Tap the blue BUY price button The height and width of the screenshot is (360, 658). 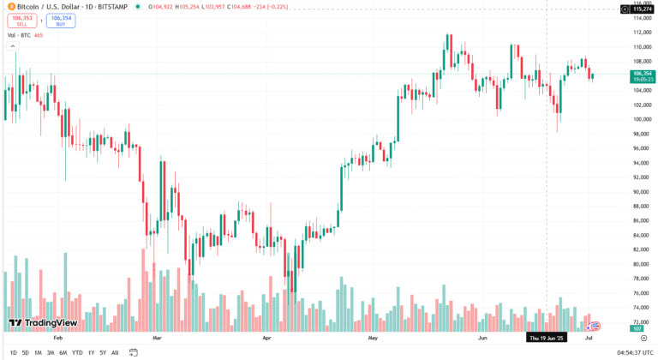point(61,21)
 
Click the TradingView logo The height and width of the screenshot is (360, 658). point(43,323)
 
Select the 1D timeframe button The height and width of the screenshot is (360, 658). point(13,352)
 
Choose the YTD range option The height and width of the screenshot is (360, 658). point(77,352)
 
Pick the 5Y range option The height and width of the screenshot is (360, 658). point(103,352)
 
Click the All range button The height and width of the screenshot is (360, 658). point(115,352)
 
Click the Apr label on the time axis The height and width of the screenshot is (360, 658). point(267,339)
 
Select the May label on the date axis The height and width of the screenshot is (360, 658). point(373,339)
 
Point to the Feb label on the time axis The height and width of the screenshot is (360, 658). point(57,339)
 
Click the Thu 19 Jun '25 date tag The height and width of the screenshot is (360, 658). point(546,339)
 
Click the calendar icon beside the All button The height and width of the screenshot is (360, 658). point(134,352)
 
